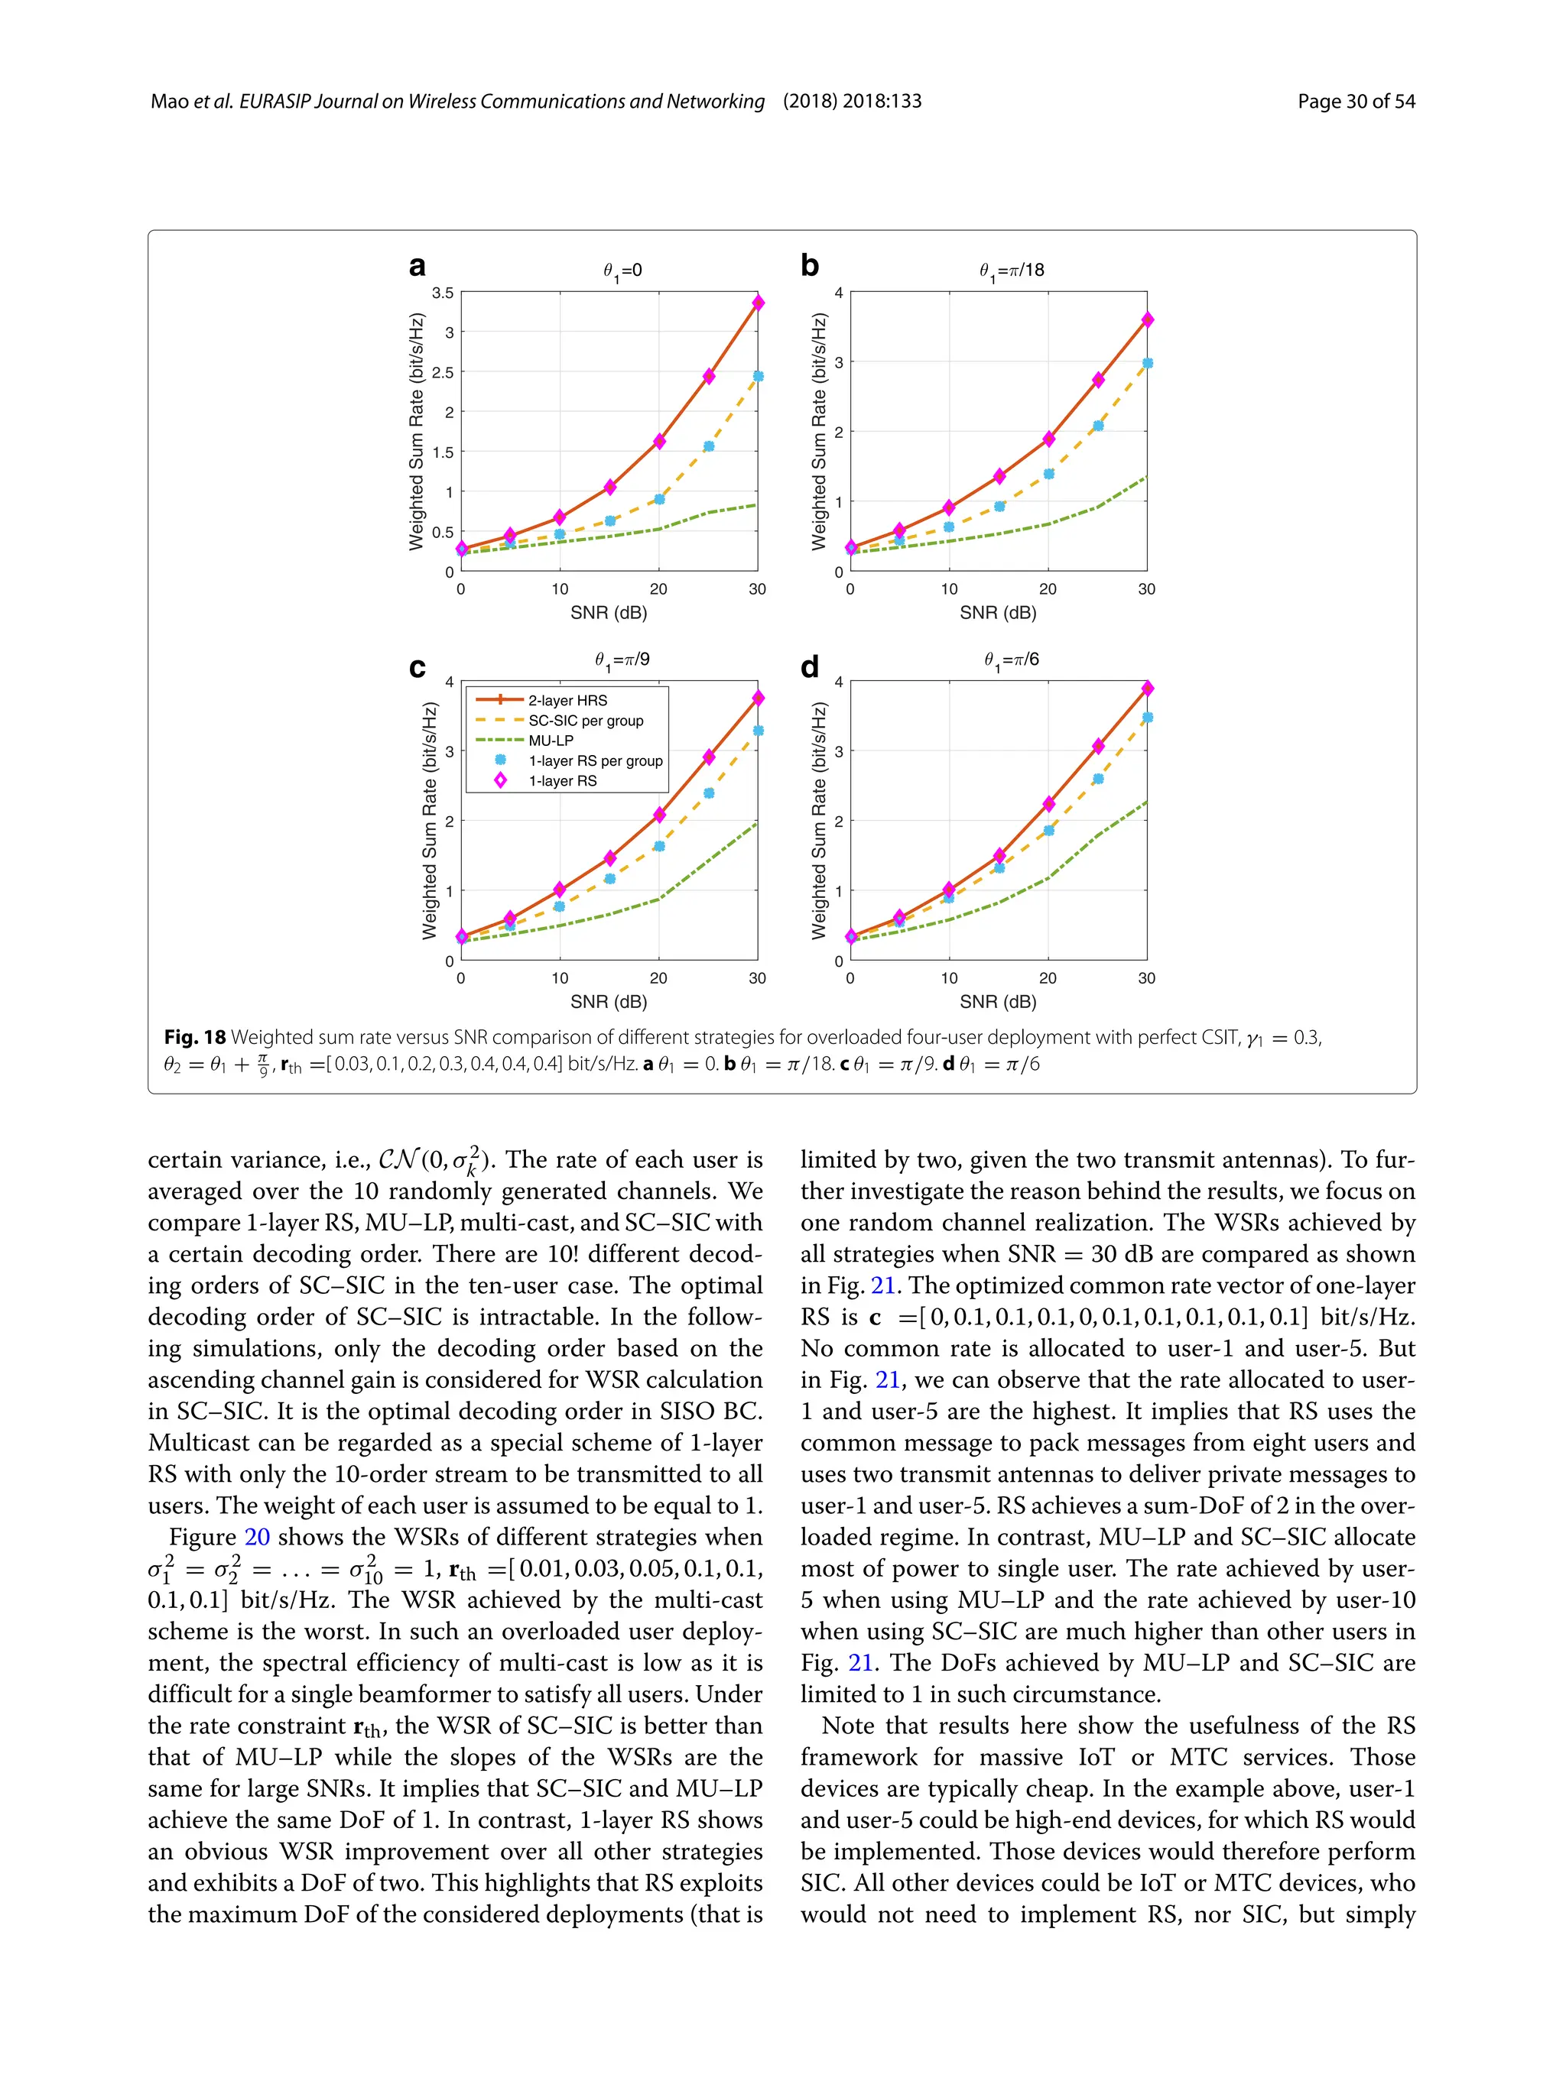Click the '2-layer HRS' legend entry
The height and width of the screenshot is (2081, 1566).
tap(567, 700)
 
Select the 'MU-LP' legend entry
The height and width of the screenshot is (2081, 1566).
tap(551, 741)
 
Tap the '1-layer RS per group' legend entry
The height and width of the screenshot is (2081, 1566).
tap(595, 760)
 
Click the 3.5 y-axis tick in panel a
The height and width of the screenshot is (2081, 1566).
tap(442, 293)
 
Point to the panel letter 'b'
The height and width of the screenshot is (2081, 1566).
tap(809, 266)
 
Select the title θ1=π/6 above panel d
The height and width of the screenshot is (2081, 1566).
tap(1012, 660)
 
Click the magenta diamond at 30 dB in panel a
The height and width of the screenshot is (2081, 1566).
tap(758, 303)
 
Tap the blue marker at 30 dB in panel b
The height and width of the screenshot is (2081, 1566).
tap(1147, 363)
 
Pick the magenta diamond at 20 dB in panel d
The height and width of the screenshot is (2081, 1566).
tap(1048, 803)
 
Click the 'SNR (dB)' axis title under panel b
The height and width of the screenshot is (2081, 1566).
tap(998, 612)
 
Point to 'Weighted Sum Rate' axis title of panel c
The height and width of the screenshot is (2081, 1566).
tap(429, 820)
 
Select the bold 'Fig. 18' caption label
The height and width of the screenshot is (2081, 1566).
tap(195, 1037)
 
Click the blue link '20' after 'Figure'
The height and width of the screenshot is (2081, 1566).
tap(257, 1537)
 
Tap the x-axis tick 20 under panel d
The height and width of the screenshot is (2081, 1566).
tap(1048, 978)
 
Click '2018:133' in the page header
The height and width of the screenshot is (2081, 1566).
tap(882, 102)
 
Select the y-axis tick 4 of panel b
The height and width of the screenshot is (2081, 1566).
tap(839, 293)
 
